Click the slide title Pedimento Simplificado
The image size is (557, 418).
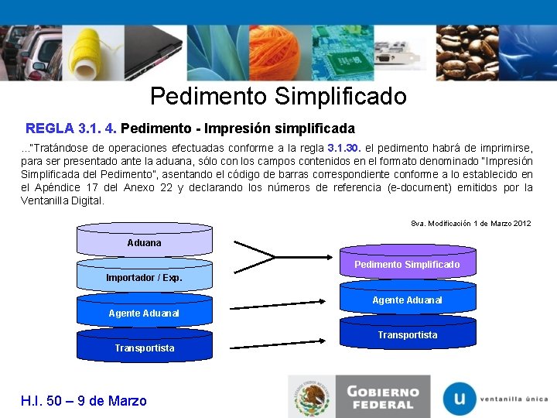tap(278, 96)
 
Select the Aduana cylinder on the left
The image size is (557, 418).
tap(144, 241)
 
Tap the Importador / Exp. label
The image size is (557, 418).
tap(144, 277)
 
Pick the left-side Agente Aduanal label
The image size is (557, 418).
tap(144, 313)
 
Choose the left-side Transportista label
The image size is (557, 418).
tap(144, 348)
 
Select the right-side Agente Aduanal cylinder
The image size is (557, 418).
tap(407, 299)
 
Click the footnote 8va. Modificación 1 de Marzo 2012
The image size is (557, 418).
tap(470, 223)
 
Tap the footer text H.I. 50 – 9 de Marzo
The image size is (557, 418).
tap(83, 400)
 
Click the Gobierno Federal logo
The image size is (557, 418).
tap(356, 396)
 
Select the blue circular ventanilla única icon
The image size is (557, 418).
tap(460, 398)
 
